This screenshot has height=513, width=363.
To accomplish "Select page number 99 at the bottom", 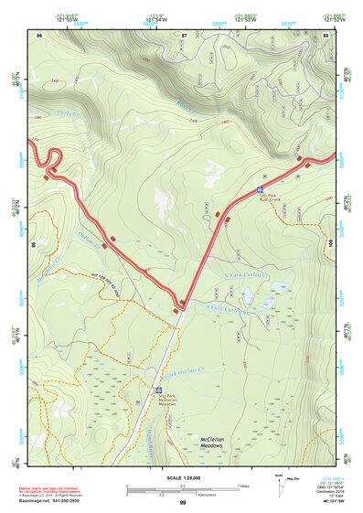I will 182,503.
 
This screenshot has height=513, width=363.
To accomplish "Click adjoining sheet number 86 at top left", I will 39,34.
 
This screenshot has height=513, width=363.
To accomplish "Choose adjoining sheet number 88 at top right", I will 326,34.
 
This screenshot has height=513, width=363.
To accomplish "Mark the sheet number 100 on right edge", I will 330,243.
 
